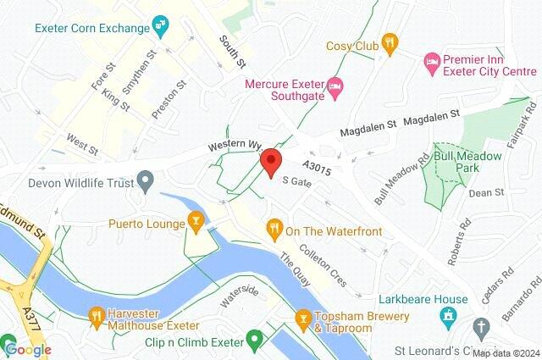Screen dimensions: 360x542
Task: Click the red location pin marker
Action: pyautogui.click(x=270, y=162)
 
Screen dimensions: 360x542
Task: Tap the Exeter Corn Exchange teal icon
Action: pyautogui.click(x=160, y=28)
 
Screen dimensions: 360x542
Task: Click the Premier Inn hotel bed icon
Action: pyautogui.click(x=432, y=62)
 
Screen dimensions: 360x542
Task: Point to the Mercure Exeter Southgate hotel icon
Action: pyautogui.click(x=335, y=85)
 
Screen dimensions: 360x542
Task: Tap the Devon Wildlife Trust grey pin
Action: pyautogui.click(x=146, y=180)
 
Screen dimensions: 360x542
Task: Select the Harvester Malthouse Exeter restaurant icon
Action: pyautogui.click(x=96, y=318)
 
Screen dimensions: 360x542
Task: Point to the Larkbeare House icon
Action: pyautogui.click(x=447, y=318)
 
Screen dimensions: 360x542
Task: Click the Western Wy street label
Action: pyautogui.click(x=232, y=147)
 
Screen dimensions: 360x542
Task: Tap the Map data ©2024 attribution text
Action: pyautogui.click(x=506, y=353)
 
